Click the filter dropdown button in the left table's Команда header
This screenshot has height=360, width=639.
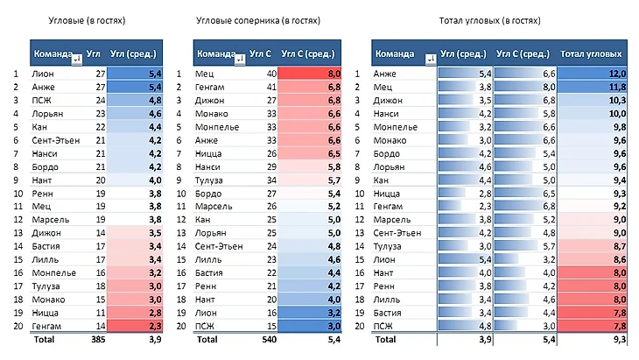pos(78,59)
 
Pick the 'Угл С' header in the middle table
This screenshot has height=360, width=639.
pos(260,53)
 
